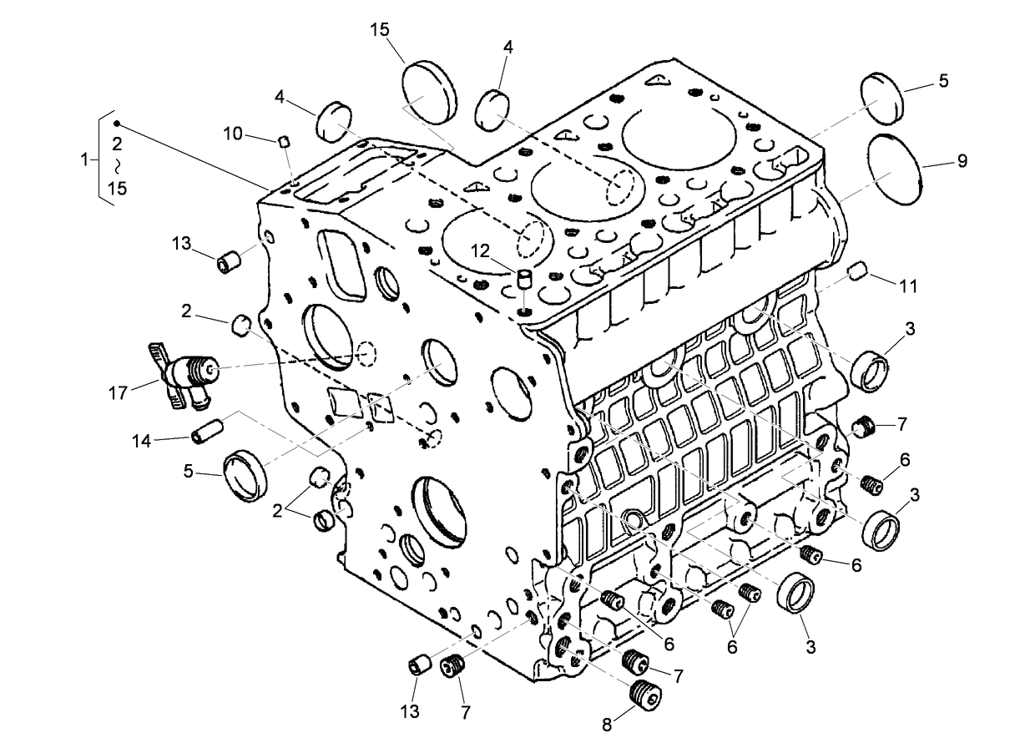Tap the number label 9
click(962, 161)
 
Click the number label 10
click(232, 134)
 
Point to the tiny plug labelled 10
click(284, 141)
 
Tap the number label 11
click(908, 286)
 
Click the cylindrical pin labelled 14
click(205, 434)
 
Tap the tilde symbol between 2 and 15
click(117, 164)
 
